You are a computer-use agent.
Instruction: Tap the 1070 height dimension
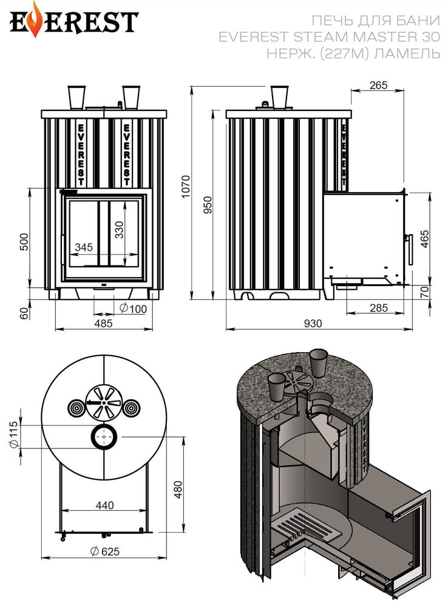[x=186, y=186]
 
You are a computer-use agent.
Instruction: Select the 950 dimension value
[x=208, y=205]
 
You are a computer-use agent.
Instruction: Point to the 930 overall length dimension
[x=313, y=323]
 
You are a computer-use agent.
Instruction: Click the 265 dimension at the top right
[x=378, y=85]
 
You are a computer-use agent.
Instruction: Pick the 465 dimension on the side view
[x=425, y=239]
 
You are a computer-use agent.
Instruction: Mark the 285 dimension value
[x=378, y=308]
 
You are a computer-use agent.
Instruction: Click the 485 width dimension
[x=103, y=323]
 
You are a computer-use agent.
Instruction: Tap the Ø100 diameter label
[x=133, y=308]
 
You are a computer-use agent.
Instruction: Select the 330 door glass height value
[x=119, y=230]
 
